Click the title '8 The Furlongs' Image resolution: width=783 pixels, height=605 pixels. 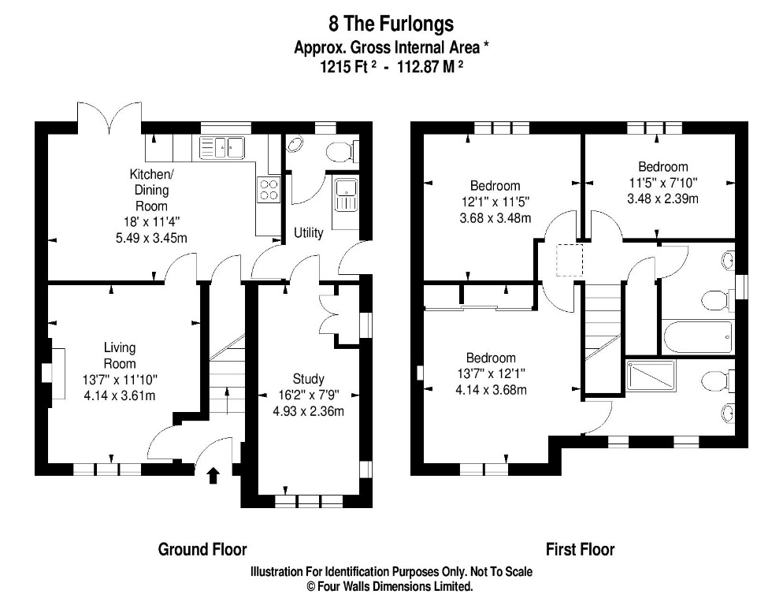(391, 23)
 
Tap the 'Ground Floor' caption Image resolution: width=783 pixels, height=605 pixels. (202, 549)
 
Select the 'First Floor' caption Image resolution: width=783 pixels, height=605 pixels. (581, 549)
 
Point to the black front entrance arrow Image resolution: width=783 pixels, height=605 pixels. (213, 474)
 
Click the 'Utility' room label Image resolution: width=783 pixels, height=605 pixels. (309, 233)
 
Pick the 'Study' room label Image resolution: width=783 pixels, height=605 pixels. (308, 379)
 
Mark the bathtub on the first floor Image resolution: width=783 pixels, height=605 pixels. (698, 337)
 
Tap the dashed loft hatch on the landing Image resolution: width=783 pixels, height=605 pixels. (569, 261)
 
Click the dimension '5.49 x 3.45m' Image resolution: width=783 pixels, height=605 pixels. (149, 237)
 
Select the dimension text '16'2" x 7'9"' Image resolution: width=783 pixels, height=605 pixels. (308, 395)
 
